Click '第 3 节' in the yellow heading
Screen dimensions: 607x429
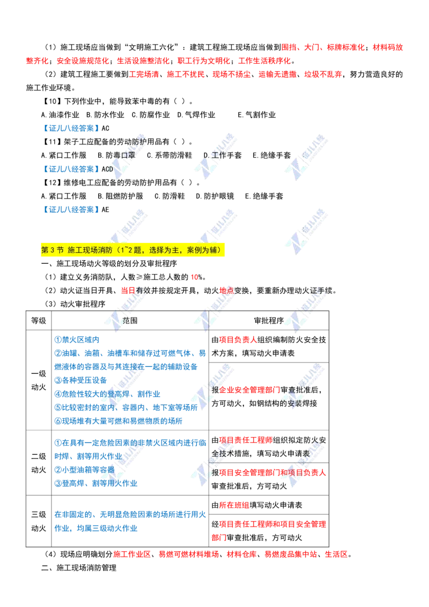click(x=53, y=250)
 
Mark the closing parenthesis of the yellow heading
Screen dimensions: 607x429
click(x=222, y=250)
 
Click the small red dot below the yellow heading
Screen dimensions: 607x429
click(x=195, y=277)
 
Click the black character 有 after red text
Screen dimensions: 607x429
click(x=141, y=291)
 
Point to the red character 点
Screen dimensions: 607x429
click(x=230, y=291)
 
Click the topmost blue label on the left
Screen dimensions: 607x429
click(x=71, y=129)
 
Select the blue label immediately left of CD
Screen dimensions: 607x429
click(x=71, y=169)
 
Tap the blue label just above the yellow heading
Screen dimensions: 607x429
click(x=71, y=210)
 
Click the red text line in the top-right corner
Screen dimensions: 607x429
click(x=342, y=47)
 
